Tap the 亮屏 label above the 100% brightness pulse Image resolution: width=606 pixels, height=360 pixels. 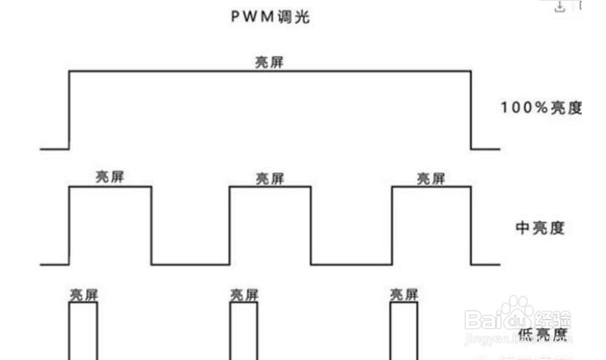(269, 61)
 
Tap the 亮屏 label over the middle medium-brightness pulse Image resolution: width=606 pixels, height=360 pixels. (270, 178)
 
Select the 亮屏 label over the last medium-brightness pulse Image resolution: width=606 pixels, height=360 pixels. (431, 177)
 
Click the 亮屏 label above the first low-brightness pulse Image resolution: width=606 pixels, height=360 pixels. (83, 295)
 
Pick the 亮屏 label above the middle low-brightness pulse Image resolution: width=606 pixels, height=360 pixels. (244, 295)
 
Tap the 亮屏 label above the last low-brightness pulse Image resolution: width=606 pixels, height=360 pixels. (405, 295)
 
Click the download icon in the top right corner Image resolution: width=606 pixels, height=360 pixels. (560, 7)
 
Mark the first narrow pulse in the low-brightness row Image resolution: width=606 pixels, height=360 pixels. (83, 331)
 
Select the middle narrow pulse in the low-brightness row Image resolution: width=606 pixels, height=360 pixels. (244, 331)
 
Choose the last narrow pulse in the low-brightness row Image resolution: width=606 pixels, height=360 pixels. (405, 331)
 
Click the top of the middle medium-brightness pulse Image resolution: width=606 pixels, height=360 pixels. (270, 187)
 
